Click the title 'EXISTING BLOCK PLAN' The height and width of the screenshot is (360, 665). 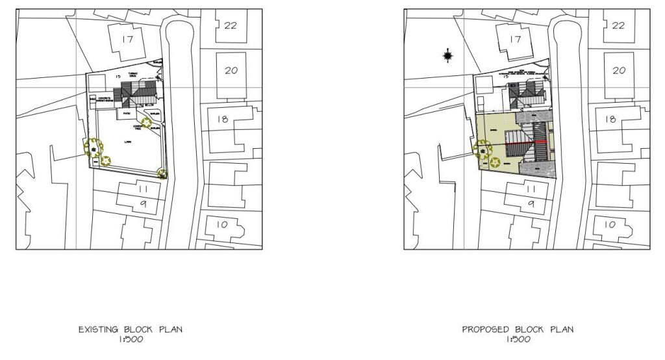pos(130,330)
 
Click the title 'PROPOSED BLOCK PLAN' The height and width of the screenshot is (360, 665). pos(518,330)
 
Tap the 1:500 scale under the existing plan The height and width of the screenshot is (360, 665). pos(130,339)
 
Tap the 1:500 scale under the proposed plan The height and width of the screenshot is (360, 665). pos(518,339)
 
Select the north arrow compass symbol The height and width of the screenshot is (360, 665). pos(447,57)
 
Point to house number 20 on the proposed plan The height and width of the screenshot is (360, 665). pos(619,70)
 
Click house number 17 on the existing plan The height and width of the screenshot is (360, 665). pos(127,39)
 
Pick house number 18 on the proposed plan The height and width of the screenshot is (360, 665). pos(610,119)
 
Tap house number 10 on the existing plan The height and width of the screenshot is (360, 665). pos(221,225)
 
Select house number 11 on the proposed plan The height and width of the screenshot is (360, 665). pos(531,189)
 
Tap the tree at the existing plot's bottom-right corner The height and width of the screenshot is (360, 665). pos(162,174)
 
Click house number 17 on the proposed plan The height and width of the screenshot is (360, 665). pos(515,39)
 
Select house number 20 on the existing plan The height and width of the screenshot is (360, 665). pos(231,70)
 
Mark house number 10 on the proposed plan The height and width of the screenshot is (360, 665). pos(609,225)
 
